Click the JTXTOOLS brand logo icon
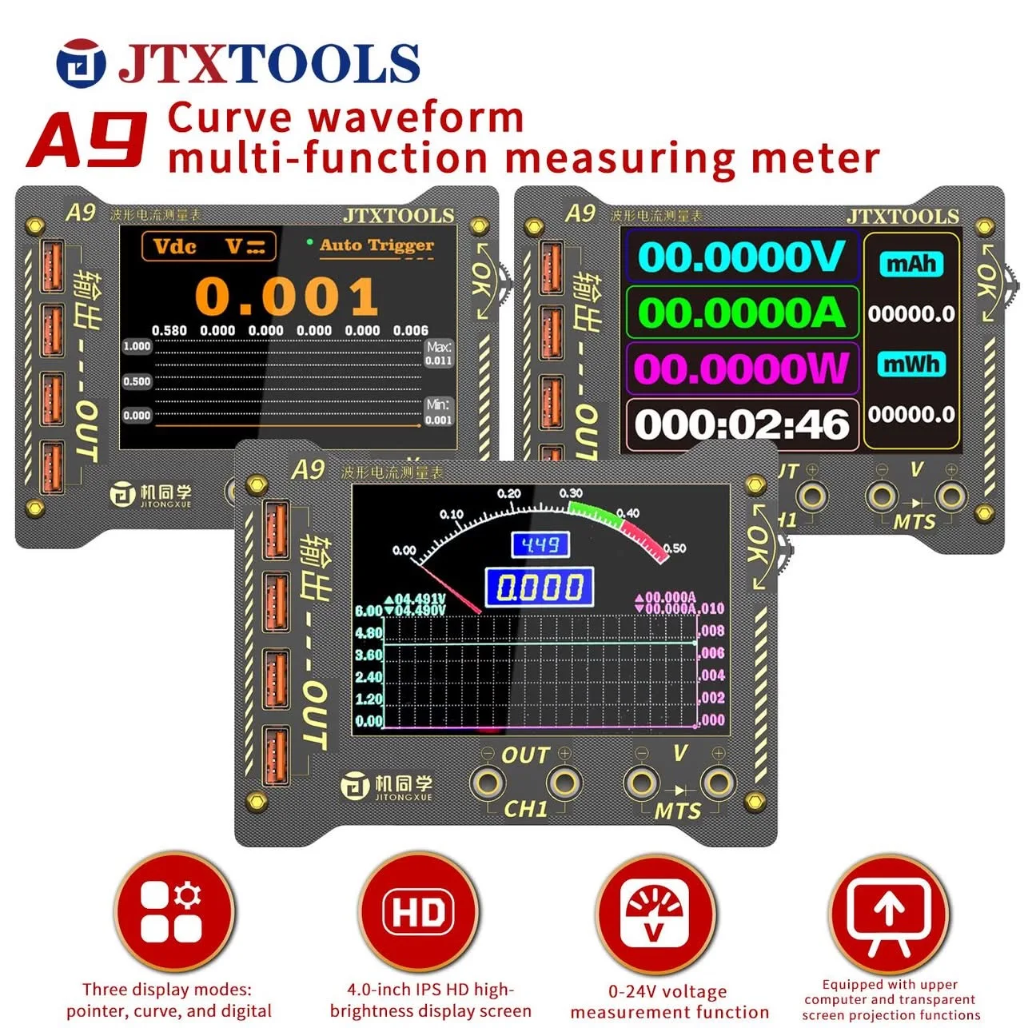click(81, 63)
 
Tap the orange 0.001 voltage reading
click(287, 297)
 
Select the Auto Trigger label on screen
click(377, 245)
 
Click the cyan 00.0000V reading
click(741, 257)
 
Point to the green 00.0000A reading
click(741, 312)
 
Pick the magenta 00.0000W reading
click(741, 369)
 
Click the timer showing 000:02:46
click(741, 424)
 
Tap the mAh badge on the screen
click(911, 264)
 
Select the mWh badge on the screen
click(911, 365)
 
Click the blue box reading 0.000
click(540, 588)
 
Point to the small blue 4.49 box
click(540, 545)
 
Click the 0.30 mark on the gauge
click(571, 493)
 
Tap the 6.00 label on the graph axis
click(369, 611)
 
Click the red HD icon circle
click(418, 913)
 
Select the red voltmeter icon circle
click(655, 913)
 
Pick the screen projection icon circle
click(888, 913)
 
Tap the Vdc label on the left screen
click(174, 246)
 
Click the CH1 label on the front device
click(525, 809)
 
